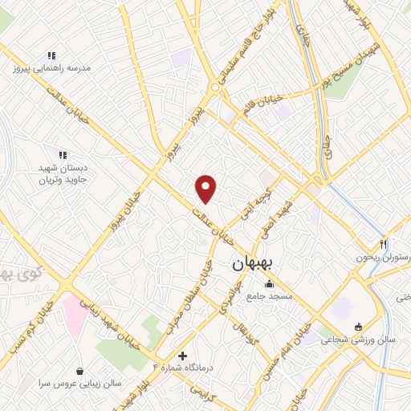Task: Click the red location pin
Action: (x=207, y=188)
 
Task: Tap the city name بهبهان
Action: (x=254, y=263)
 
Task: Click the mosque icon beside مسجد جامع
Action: (x=269, y=284)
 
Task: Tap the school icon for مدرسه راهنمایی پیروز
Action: (x=51, y=55)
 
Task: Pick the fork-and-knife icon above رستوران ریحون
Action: (x=384, y=244)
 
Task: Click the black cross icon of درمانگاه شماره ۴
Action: (x=183, y=356)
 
